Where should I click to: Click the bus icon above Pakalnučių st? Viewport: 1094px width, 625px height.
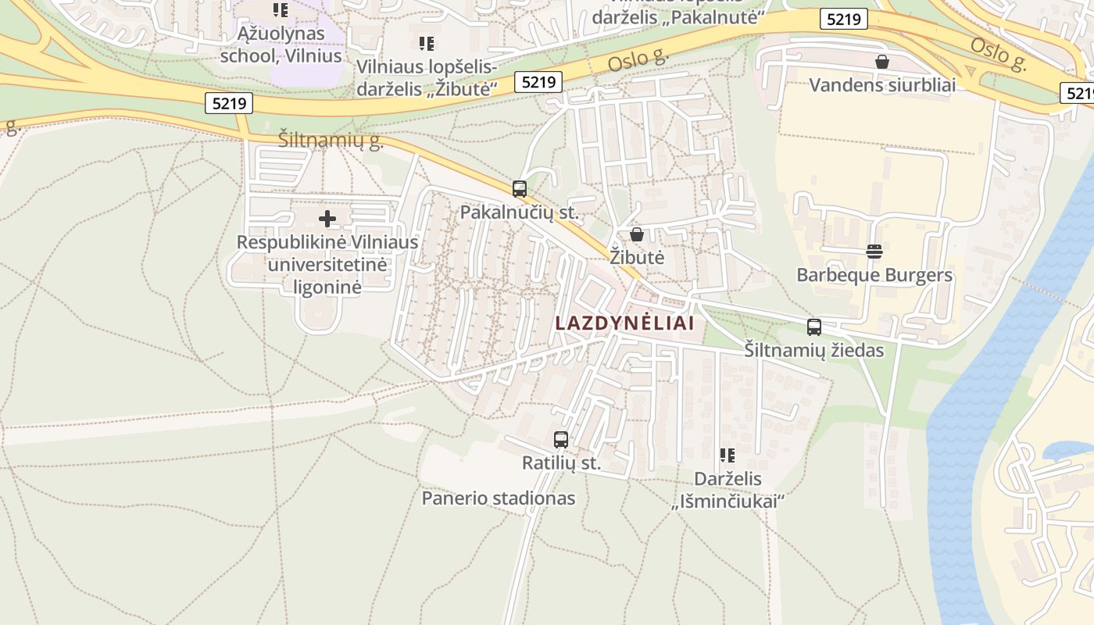point(520,188)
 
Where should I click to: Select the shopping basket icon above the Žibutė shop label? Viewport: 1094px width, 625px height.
point(637,234)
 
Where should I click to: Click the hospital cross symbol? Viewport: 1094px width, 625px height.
point(327,219)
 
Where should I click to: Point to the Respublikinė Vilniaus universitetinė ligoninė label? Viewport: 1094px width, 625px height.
point(327,264)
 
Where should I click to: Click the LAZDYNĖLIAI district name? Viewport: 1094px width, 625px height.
point(624,322)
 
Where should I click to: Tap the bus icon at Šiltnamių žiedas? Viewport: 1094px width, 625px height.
point(814,327)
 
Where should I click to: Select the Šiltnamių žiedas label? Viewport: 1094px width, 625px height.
point(814,350)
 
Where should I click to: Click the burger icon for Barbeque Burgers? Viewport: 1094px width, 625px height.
point(874,252)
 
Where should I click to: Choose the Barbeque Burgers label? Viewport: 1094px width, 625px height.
point(874,275)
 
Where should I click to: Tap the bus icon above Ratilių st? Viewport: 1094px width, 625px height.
point(561,440)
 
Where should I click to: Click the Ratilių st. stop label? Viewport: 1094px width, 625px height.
point(562,462)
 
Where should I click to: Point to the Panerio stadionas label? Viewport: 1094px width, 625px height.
point(499,498)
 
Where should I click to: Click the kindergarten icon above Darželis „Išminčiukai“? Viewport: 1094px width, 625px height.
point(728,455)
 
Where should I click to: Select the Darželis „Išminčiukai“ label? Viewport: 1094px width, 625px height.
point(728,490)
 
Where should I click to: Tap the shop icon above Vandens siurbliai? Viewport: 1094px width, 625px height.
point(882,62)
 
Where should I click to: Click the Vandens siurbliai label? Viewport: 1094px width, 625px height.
point(882,84)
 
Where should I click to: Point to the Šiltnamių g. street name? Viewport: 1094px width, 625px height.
point(331,141)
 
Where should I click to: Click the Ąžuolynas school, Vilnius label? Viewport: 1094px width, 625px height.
point(281,45)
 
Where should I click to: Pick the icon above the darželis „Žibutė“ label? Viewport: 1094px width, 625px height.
point(427,43)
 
